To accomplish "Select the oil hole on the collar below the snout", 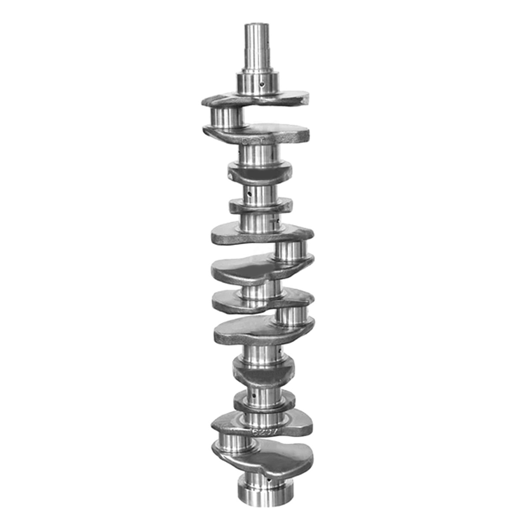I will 262,83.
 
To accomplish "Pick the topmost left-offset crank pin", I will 227,117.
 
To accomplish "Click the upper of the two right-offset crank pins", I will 290,250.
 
